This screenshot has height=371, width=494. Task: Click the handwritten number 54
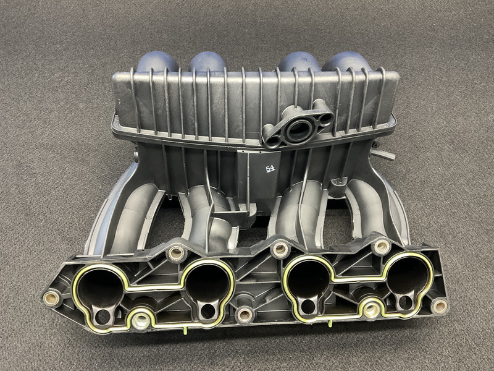[x=270, y=169]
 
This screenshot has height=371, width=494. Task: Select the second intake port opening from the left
[x=208, y=284]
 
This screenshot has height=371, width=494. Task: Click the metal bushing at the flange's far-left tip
[x=52, y=298]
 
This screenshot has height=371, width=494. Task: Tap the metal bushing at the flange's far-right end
[x=439, y=306]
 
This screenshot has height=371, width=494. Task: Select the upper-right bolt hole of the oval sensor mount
[x=326, y=119]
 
